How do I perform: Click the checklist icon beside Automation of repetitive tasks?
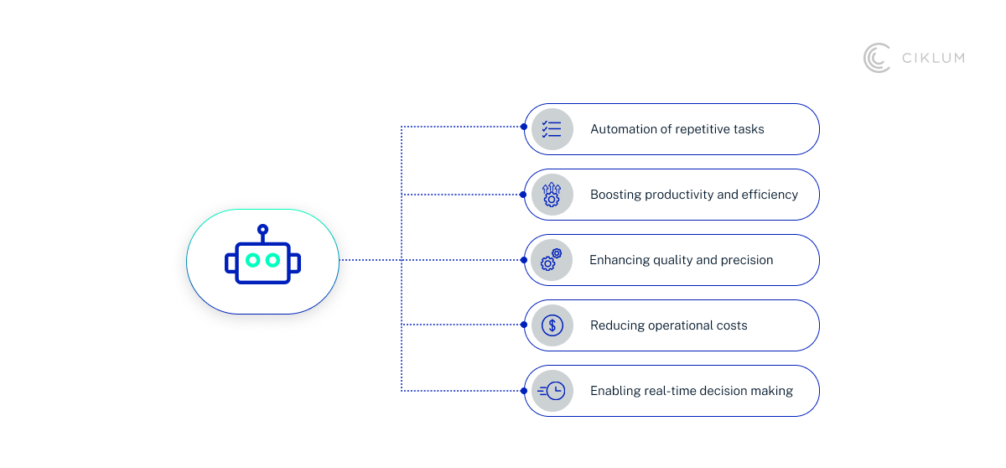tap(552, 129)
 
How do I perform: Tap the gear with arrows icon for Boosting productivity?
tap(552, 195)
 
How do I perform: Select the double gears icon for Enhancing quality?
tap(552, 260)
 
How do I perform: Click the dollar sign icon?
tap(552, 325)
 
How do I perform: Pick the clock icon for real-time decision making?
tap(553, 391)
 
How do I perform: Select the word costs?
tap(730, 325)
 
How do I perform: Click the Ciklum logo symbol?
tap(877, 58)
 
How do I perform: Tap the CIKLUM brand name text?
tap(932, 58)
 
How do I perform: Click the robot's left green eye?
tap(252, 260)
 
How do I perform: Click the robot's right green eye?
tap(272, 260)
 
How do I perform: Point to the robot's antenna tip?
tap(262, 228)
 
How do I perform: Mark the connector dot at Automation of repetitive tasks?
tap(524, 127)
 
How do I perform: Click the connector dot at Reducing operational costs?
tap(524, 325)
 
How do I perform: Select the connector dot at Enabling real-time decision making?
tap(524, 390)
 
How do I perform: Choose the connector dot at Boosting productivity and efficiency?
tap(524, 194)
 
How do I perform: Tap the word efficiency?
tap(770, 195)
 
